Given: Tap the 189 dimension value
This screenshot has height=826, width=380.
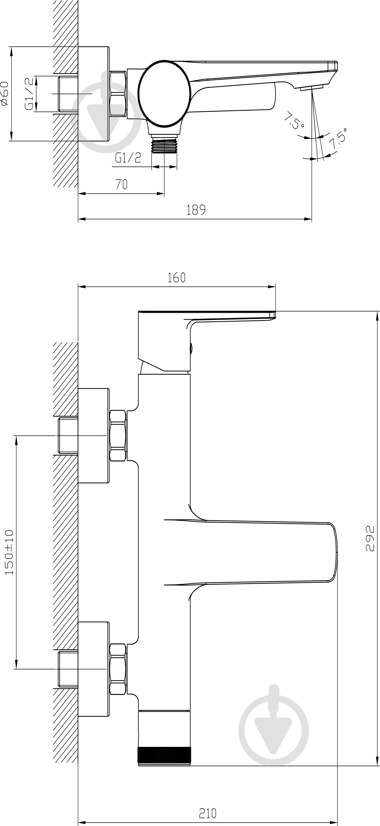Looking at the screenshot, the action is pyautogui.click(x=196, y=210).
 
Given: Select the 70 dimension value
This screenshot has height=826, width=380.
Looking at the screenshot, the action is pyautogui.click(x=121, y=184).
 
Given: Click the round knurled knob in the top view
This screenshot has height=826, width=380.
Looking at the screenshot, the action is pyautogui.click(x=165, y=93).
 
